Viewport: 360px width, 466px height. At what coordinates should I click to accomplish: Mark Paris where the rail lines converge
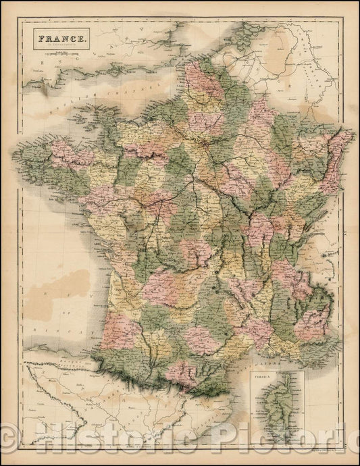pyautogui.click(x=202, y=143)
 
